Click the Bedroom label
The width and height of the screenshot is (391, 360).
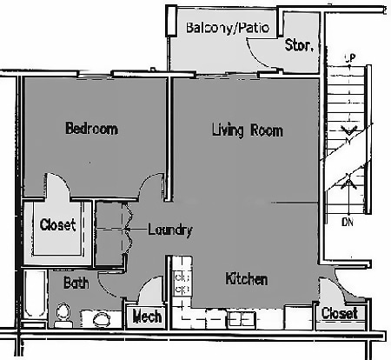click(91, 130)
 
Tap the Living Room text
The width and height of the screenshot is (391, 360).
click(248, 131)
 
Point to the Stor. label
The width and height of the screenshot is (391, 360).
click(299, 45)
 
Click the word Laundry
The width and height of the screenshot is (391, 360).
click(169, 230)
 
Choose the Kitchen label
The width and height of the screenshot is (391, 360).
click(246, 279)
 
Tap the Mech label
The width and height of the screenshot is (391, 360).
click(147, 317)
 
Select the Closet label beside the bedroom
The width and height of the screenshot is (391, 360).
click(58, 224)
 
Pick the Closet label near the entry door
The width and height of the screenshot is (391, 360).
click(338, 313)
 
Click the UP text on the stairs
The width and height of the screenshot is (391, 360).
click(350, 58)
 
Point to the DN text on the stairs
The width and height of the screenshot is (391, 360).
click(348, 223)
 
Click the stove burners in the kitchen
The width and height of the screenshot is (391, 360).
click(183, 281)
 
